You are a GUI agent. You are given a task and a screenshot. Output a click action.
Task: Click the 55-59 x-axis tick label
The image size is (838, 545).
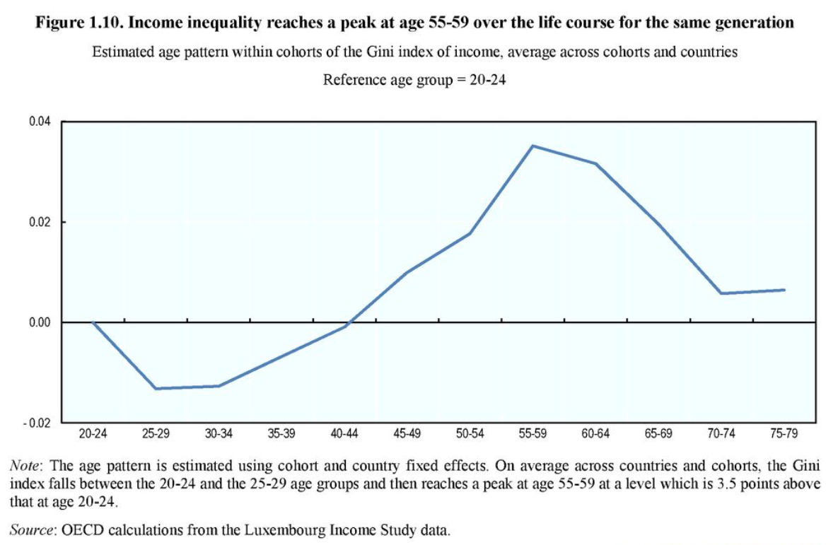[533, 434]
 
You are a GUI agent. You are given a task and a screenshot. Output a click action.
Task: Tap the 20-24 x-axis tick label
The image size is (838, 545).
[93, 434]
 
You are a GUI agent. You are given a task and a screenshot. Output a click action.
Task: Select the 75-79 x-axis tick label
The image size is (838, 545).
[784, 434]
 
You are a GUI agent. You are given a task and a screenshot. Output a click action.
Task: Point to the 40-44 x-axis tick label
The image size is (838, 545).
[344, 434]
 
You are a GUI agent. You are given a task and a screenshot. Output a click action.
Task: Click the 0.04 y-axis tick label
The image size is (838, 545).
[40, 122]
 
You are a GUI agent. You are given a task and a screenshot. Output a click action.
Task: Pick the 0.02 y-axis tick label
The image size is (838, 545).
[40, 222]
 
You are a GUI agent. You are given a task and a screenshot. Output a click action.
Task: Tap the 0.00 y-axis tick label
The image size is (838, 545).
[40, 322]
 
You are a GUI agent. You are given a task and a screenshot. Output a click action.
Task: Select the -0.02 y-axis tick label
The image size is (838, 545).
[38, 423]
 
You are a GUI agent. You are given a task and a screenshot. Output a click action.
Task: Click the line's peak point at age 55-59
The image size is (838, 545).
[533, 146]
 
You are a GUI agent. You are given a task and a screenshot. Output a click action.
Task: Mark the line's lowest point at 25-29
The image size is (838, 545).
[156, 389]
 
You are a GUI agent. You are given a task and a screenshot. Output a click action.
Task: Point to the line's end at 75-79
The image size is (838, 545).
[784, 290]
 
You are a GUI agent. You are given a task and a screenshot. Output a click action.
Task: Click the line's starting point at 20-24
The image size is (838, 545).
[93, 322]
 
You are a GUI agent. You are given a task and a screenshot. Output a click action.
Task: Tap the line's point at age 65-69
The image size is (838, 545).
[658, 224]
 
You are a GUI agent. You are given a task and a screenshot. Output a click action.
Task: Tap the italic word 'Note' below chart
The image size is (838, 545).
[23, 467]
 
